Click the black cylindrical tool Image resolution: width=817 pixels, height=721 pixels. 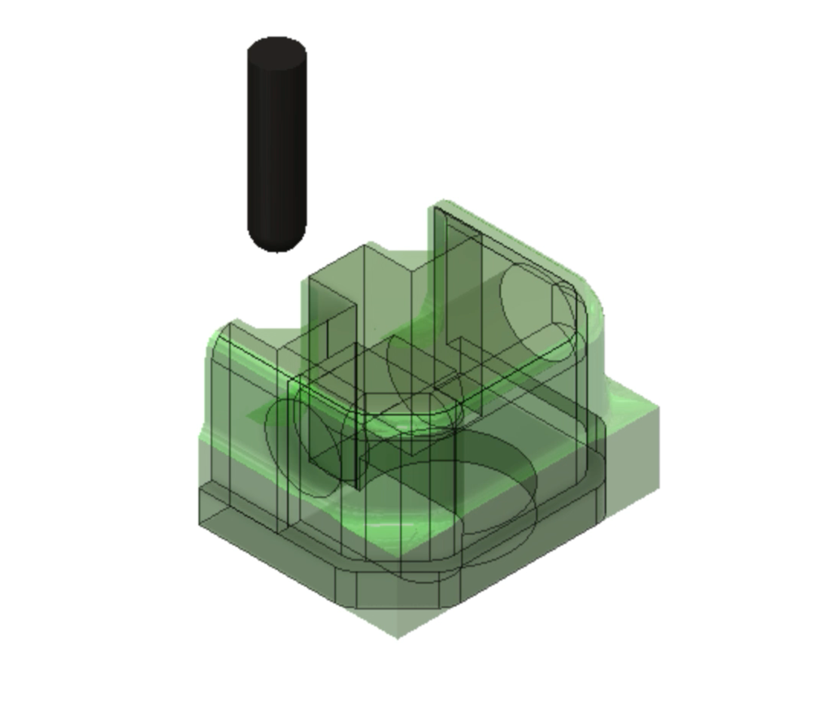[276, 146]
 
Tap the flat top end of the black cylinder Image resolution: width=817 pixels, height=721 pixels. [276, 49]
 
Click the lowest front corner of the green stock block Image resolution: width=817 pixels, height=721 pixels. [398, 636]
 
